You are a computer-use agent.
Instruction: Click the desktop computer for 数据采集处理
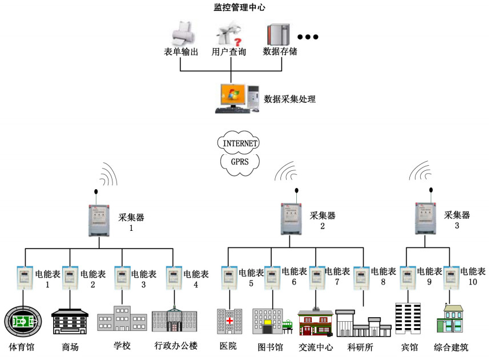pyautogui.click(x=234, y=98)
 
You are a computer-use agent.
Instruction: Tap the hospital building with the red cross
pyautogui.click(x=229, y=321)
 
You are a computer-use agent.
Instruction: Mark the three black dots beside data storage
pyautogui.click(x=307, y=37)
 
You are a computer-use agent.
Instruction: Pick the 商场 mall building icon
pyautogui.click(x=70, y=322)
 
